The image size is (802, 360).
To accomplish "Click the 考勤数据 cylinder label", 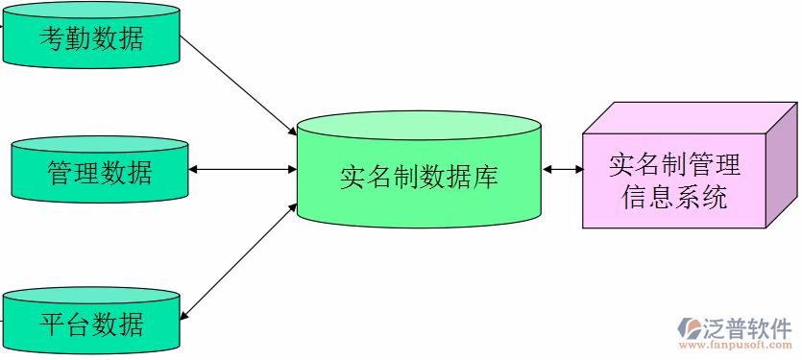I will coord(91,38).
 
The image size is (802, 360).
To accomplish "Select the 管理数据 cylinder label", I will coord(100,173).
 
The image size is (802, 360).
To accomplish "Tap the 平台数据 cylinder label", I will coord(91,324).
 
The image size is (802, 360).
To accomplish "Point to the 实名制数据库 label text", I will coord(419,178).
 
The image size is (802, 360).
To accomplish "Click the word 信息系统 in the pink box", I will coord(674,198).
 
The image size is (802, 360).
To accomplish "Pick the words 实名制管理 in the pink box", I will coord(674,164).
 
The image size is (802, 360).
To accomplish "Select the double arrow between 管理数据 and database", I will coord(243,170).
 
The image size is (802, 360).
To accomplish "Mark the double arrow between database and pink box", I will coord(563,170).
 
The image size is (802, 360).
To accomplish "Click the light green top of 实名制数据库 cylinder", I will coord(419,126).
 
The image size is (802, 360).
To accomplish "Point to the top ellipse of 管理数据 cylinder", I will coord(100,145).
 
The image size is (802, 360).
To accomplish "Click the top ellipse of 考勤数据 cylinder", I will coord(91,12).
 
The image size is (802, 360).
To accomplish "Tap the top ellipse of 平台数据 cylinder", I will coord(91,296).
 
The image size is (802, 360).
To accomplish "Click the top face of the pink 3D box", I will coord(692,116).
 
